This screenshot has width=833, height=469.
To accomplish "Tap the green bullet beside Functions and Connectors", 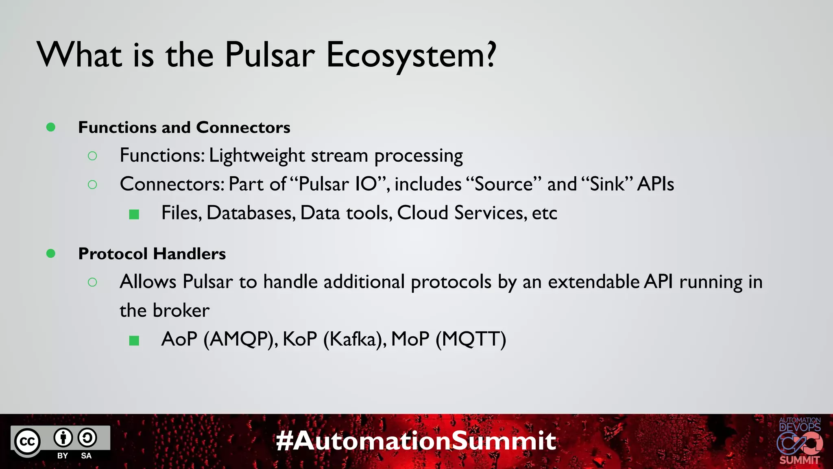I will (51, 127).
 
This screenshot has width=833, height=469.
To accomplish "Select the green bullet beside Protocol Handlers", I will (51, 254).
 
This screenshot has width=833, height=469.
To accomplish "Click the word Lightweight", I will (257, 156).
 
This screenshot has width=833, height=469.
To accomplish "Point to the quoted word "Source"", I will (504, 184).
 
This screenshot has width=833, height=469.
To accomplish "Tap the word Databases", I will (251, 213).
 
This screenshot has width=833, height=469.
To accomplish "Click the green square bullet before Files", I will (134, 214).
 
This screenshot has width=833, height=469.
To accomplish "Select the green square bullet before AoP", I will (134, 340).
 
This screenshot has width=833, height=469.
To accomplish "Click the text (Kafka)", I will (355, 339).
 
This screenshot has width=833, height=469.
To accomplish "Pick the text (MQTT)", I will (471, 339).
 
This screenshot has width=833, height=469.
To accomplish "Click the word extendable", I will (594, 282).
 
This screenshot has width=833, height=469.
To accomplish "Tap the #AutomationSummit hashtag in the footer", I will (416, 441).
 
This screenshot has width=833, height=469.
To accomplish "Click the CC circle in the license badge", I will (28, 442).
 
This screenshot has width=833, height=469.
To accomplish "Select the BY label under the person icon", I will (63, 456).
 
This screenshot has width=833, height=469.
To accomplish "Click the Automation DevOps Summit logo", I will (799, 441).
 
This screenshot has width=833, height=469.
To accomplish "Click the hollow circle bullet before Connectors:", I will (92, 185).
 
